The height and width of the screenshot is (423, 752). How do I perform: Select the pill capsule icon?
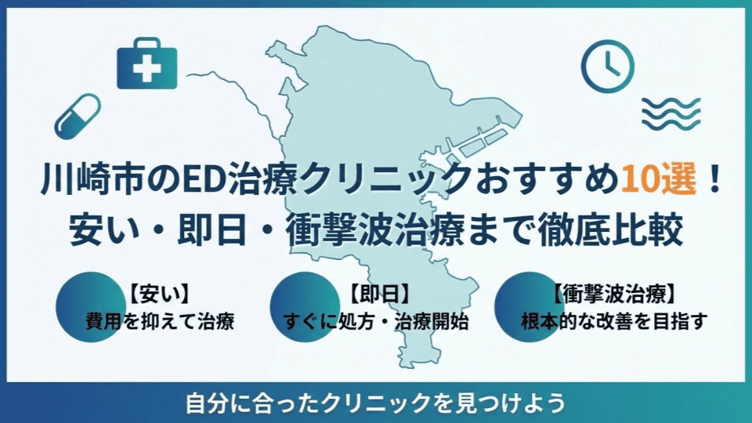[x=78, y=116]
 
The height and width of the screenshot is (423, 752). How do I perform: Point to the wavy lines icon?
[x=671, y=114]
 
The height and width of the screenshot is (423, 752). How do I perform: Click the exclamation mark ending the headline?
[x=712, y=182]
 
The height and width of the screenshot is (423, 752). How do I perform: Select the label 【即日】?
[x=379, y=296]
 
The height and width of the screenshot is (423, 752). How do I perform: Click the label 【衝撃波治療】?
[x=614, y=296]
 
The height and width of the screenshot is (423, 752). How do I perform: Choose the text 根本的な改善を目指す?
[x=614, y=322]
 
